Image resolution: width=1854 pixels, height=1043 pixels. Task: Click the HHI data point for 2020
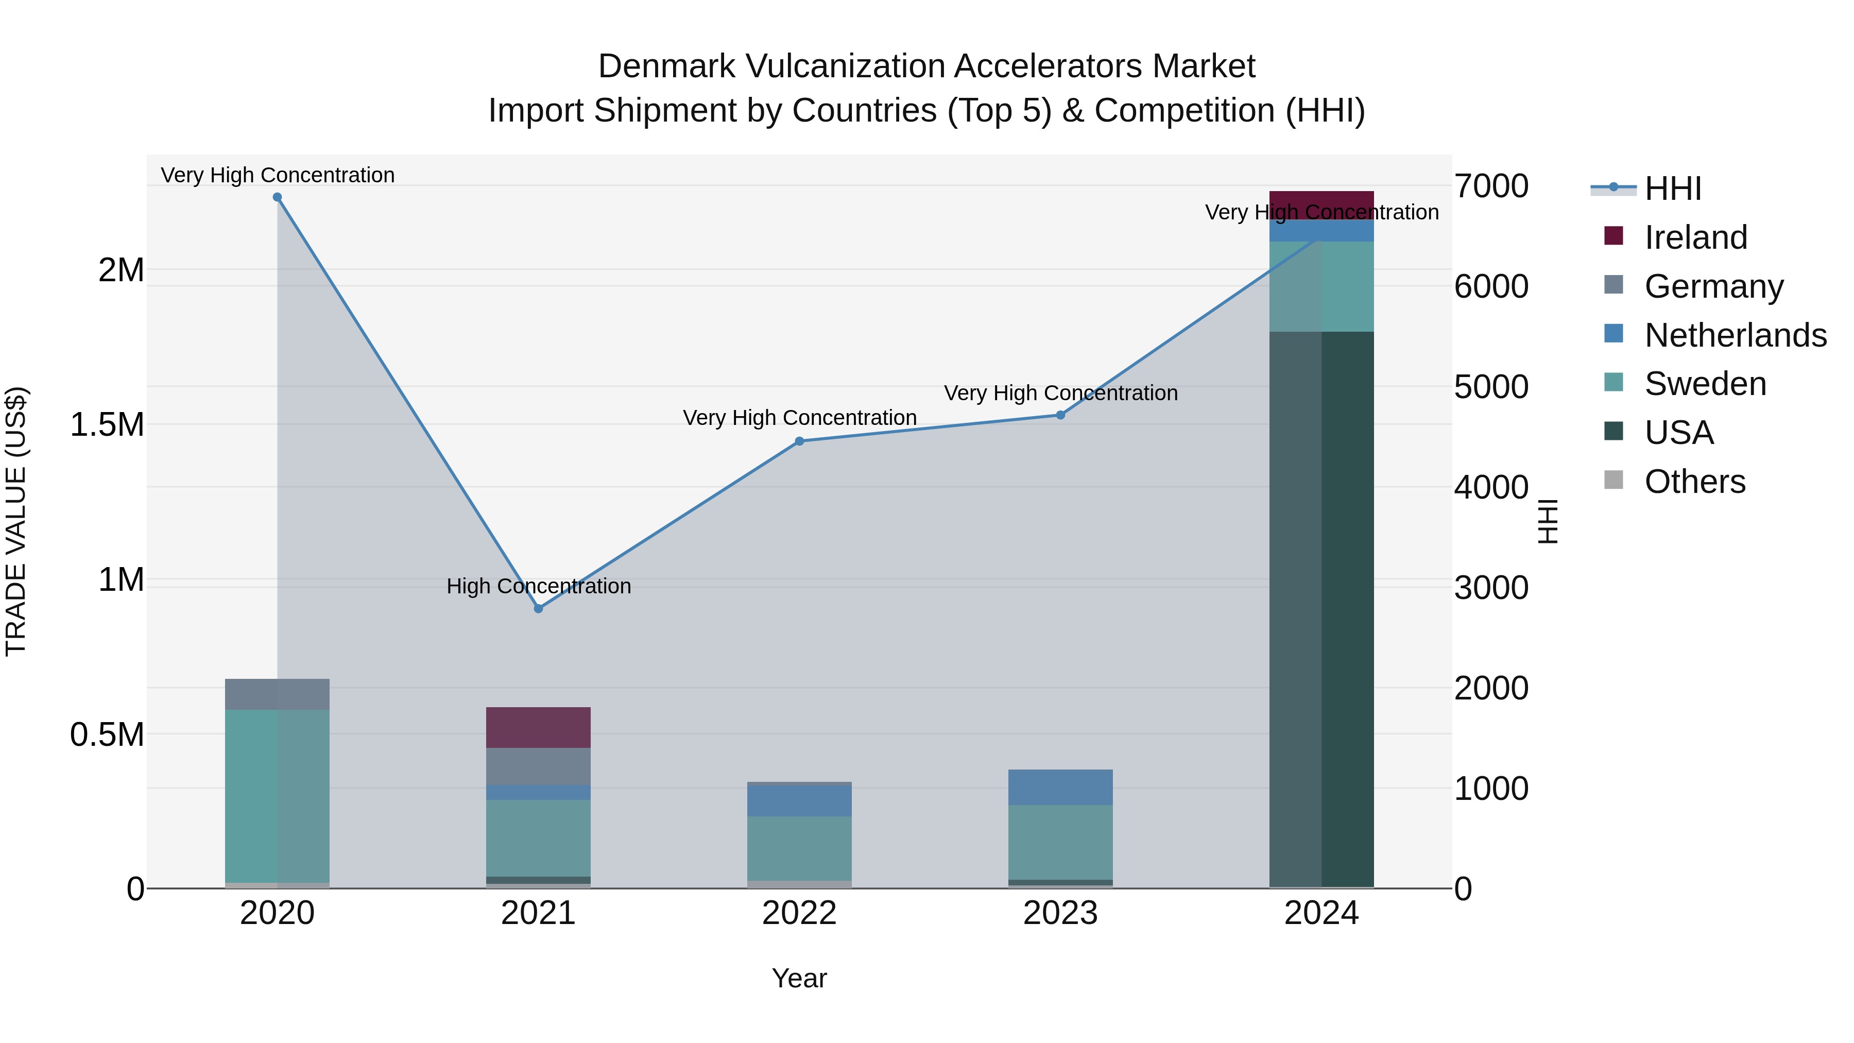(x=277, y=197)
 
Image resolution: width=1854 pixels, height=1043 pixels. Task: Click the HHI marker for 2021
(x=538, y=608)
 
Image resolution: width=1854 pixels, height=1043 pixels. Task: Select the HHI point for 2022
(x=799, y=441)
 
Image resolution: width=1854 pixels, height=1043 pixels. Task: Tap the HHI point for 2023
(x=1060, y=415)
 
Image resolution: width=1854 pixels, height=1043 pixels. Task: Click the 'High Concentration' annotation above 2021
(x=538, y=586)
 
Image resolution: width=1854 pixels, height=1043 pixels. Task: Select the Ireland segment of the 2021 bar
(x=538, y=727)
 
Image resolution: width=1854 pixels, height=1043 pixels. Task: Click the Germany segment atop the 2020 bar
(x=277, y=694)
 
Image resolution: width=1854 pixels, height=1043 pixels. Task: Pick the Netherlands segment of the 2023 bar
(x=1060, y=786)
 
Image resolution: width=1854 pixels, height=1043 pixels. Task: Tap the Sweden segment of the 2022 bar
(x=799, y=847)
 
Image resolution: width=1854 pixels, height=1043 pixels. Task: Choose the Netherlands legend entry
(x=1735, y=335)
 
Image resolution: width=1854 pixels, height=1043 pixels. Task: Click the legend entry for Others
(x=1694, y=482)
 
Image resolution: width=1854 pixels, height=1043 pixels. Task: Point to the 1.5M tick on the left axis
(x=107, y=425)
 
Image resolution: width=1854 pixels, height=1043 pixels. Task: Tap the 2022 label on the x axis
(x=799, y=913)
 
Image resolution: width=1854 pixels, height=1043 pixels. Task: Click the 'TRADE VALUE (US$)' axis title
(x=16, y=521)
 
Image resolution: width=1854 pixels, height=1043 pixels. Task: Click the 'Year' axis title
(x=799, y=978)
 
